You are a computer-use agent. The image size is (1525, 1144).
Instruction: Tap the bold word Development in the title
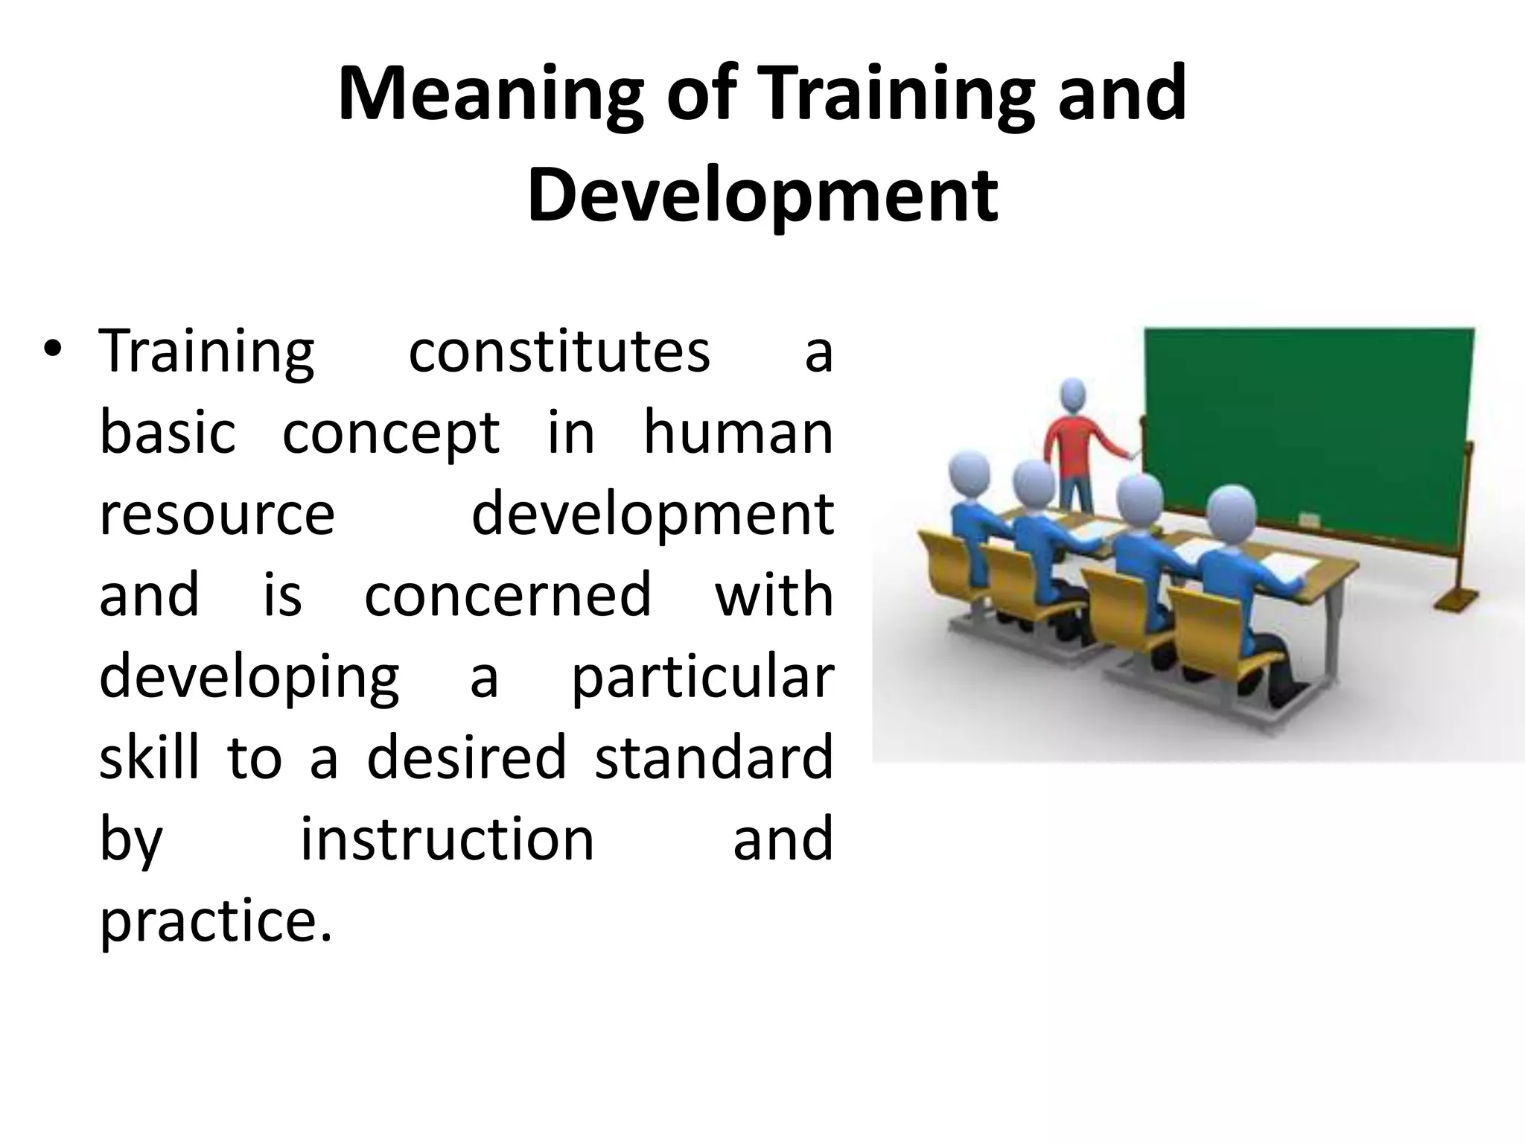[762, 195]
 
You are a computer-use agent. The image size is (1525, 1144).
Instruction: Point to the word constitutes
[559, 352]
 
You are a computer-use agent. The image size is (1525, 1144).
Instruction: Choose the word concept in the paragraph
[391, 433]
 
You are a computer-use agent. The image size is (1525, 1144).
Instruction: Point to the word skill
[149, 757]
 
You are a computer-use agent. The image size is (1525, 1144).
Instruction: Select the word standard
[713, 757]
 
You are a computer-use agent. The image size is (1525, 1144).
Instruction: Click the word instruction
[447, 839]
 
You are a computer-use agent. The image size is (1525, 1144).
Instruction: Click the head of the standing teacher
[1073, 394]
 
